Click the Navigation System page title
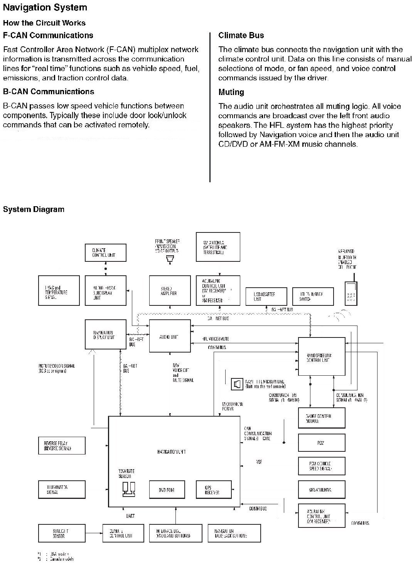tap(45, 7)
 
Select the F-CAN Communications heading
tap(48, 36)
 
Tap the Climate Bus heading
tap(241, 36)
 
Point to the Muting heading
tap(231, 92)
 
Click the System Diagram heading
tap(34, 209)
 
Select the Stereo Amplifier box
tap(170, 290)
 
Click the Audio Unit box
tap(170, 336)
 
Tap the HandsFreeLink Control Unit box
tap(322, 356)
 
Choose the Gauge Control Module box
tap(322, 418)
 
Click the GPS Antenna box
tap(322, 490)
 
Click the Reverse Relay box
tap(62, 446)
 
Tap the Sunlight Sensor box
tap(62, 533)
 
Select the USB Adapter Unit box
tap(266, 296)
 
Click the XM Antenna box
tap(218, 247)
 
